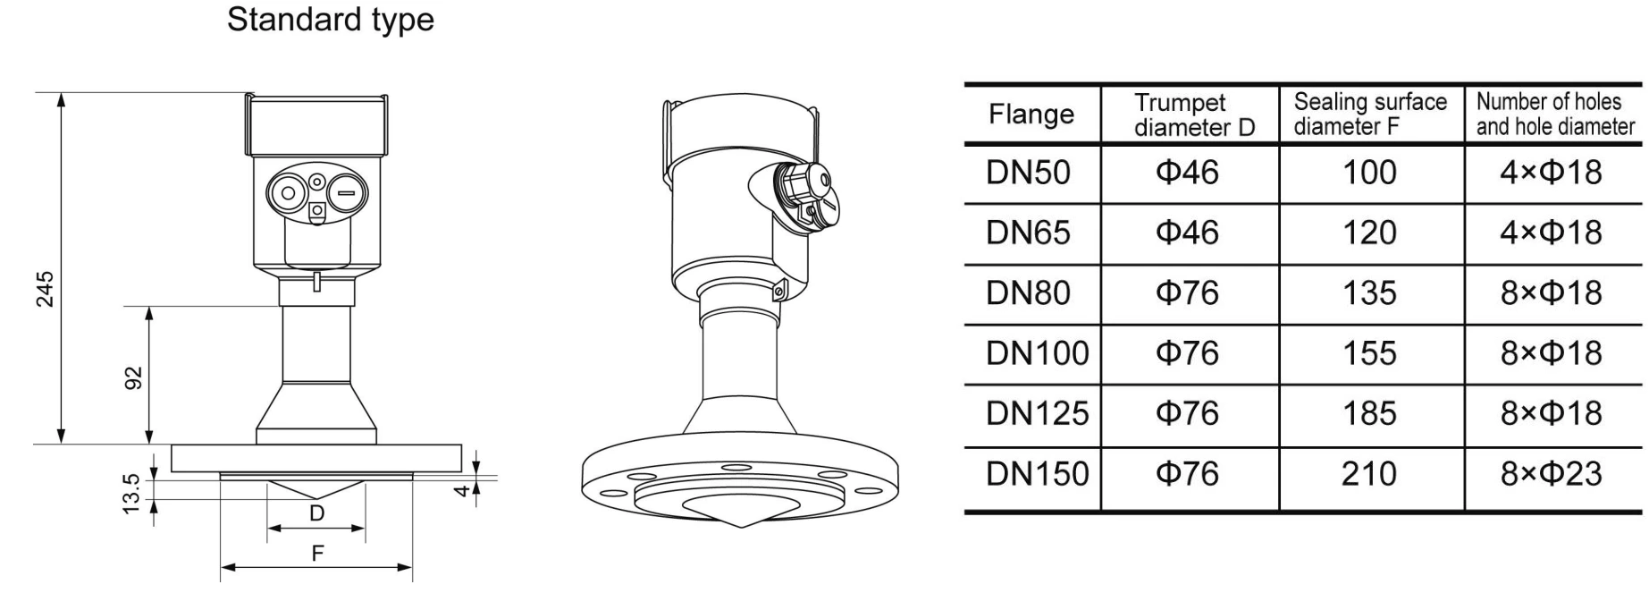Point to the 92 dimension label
point(133,377)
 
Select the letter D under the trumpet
point(316,513)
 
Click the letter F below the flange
point(317,554)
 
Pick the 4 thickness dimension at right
point(462,489)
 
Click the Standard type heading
point(330,20)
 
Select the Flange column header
point(1031,114)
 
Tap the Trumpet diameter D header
point(1192,114)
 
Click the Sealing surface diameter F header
point(1369,114)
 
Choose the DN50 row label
point(1028,173)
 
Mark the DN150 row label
point(1037,473)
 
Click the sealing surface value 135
point(1369,292)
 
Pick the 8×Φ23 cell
point(1551,473)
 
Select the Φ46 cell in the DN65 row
point(1187,233)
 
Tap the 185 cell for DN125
point(1369,413)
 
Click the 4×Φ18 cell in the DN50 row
point(1551,173)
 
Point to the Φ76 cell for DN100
point(1187,353)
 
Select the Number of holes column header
point(1555,114)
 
